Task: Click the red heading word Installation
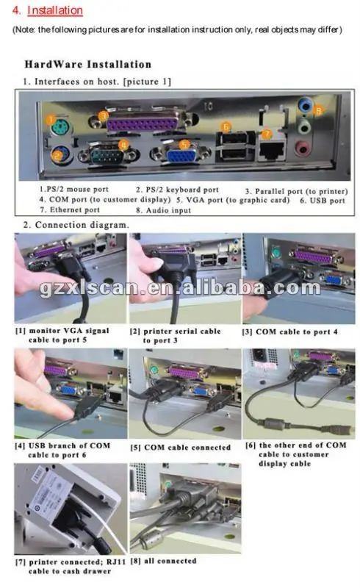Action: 55,10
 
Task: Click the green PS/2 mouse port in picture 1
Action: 60,129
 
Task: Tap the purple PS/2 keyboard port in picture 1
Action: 61,154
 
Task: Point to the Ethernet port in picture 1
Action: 272,151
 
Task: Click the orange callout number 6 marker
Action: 226,126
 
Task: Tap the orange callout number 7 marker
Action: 266,134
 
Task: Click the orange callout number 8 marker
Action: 318,110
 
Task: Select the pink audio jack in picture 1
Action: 303,148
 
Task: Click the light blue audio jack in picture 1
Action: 306,105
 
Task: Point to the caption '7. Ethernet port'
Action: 70,209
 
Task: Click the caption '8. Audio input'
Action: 164,210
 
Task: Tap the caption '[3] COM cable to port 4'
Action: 290,332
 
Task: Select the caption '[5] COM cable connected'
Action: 181,448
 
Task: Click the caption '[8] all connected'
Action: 163,561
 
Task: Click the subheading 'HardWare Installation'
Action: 88,64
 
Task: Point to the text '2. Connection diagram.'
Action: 76,225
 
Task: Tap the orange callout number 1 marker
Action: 51,120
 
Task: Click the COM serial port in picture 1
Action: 108,155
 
